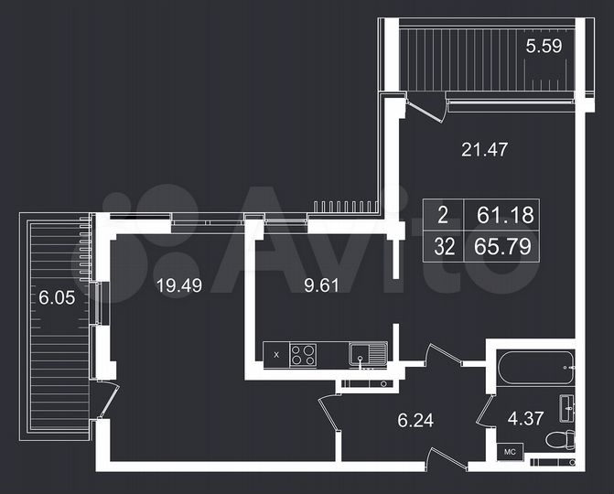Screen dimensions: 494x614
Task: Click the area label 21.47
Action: tap(484, 149)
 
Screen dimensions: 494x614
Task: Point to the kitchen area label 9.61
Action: tap(321, 285)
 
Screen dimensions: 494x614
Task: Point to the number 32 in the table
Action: tap(443, 245)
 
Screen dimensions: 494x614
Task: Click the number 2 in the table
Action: tap(443, 217)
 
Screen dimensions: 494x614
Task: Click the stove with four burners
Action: tap(303, 353)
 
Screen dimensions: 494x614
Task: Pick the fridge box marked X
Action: tap(275, 353)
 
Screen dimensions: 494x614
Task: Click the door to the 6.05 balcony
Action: tap(108, 400)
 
